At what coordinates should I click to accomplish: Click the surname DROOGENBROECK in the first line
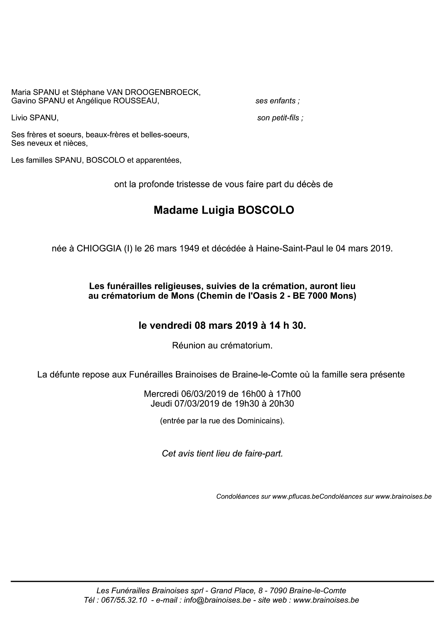click(x=159, y=92)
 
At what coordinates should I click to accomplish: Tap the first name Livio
click(x=19, y=118)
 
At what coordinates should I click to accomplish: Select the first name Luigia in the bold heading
click(x=218, y=210)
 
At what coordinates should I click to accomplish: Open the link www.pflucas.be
click(x=295, y=496)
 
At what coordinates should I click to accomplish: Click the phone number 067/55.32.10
click(x=124, y=600)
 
